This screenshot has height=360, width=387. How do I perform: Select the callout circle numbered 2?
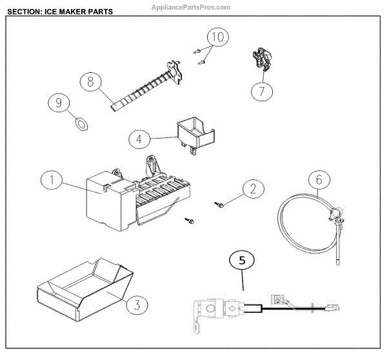tap(253, 188)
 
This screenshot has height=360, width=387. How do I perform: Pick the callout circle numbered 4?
tap(139, 138)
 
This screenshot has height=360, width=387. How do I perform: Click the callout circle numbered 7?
tap(262, 92)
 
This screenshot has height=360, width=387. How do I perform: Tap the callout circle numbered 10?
tap(219, 37)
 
